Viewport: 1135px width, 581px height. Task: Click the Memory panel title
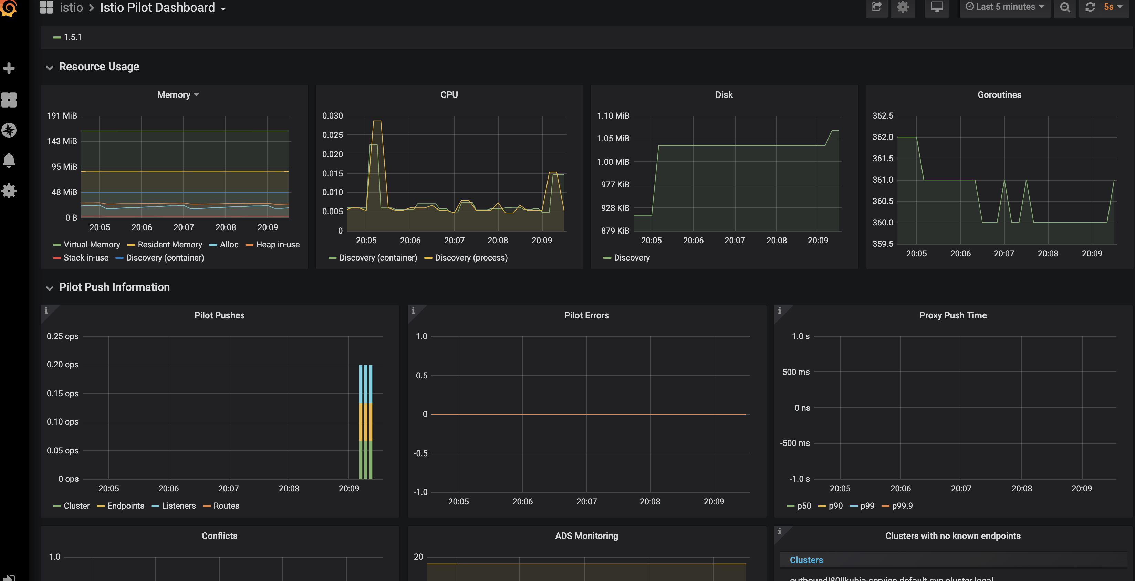point(174,95)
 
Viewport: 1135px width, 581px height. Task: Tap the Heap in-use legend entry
point(277,245)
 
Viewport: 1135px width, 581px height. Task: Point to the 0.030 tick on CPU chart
point(332,116)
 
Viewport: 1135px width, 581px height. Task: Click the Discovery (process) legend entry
point(471,258)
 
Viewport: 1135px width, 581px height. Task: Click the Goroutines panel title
point(999,95)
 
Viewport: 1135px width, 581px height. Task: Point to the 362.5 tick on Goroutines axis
point(883,116)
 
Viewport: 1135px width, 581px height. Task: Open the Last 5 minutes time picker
point(1004,7)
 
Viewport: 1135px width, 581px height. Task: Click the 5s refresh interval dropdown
point(1112,7)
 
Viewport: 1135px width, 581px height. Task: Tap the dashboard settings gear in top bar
point(902,7)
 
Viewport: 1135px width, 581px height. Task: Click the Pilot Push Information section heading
point(114,287)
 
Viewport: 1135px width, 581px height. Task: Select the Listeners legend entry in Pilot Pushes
point(178,506)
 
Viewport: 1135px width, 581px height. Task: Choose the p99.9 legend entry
point(902,506)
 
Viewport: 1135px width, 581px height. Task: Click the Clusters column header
point(806,560)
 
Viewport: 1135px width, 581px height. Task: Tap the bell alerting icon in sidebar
point(9,161)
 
